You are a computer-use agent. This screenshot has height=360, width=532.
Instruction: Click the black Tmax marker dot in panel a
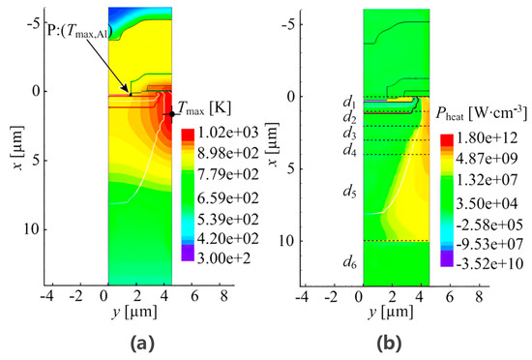pyautogui.click(x=172, y=114)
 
